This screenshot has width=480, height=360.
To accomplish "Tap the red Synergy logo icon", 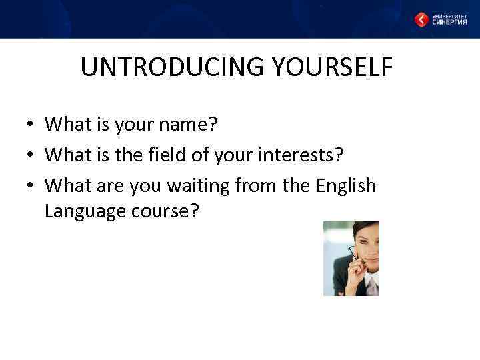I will coord(422,19).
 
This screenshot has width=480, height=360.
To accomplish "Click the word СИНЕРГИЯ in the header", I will coord(449,21).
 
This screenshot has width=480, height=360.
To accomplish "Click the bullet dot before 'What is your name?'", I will coord(31,125).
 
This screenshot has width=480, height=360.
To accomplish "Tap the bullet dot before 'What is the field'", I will coord(31,156).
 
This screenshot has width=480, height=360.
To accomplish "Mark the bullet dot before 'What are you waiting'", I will coord(31,187).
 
